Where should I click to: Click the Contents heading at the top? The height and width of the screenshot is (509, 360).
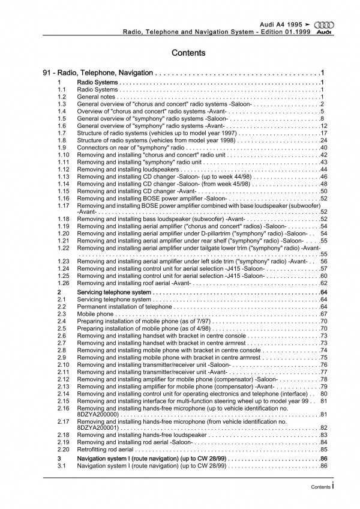pos(188,53)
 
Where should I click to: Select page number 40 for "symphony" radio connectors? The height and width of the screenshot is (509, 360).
pos(322,147)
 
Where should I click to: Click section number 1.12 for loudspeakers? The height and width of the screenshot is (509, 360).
pos(64,170)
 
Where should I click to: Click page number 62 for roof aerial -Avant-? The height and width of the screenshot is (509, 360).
pos(322,282)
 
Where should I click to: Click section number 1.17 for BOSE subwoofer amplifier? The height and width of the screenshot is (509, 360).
pos(64,205)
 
